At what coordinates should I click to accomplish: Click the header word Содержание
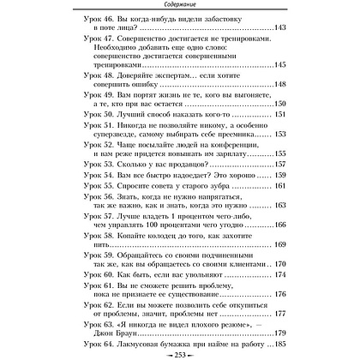(x=179, y=7)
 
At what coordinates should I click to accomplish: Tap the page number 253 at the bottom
(x=180, y=352)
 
